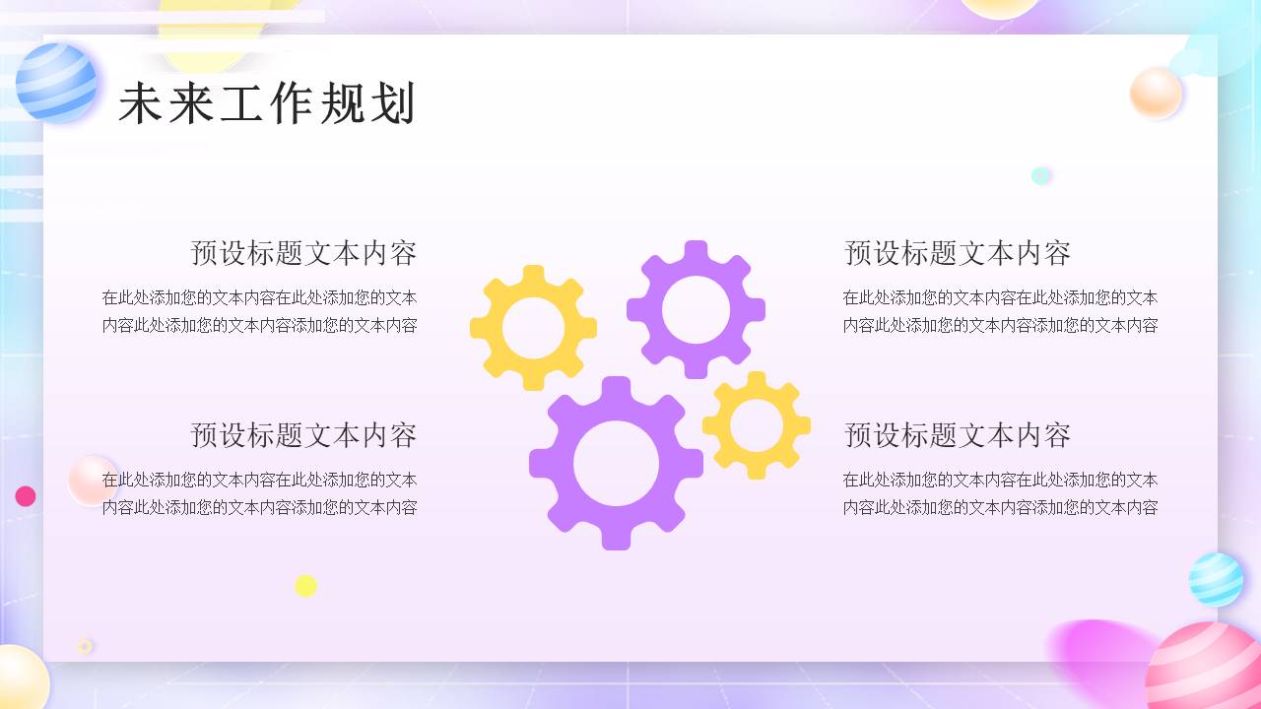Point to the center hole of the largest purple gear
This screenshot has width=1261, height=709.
[616, 463]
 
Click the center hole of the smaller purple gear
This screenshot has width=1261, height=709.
[696, 309]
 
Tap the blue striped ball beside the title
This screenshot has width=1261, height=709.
[56, 84]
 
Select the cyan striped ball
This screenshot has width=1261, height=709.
[1216, 579]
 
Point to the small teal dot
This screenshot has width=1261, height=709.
[1040, 175]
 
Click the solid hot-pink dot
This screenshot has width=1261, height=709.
[26, 496]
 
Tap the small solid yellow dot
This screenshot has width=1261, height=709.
[305, 586]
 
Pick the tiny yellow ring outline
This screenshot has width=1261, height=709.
[86, 646]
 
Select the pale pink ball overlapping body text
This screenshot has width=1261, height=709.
[92, 480]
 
